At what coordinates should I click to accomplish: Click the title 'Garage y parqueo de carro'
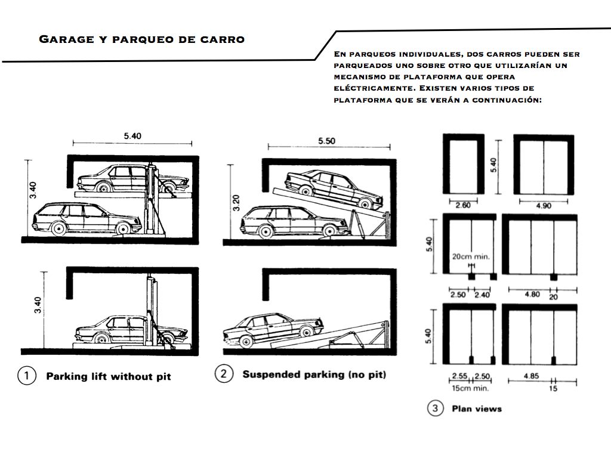141,40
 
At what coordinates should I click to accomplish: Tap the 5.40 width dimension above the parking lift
132,136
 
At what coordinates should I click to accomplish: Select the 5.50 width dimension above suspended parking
328,141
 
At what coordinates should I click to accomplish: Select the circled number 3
435,409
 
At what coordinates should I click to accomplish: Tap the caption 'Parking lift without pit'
109,376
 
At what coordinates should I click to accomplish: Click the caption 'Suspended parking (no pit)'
314,375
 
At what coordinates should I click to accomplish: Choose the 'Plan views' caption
477,409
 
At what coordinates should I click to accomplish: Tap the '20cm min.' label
471,256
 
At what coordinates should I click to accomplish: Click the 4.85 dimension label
532,376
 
